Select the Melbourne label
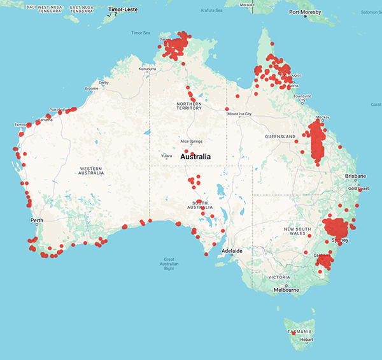[286, 290]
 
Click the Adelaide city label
[232, 251]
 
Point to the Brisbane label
[355, 175]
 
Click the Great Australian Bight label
[169, 264]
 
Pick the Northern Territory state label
[189, 106]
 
